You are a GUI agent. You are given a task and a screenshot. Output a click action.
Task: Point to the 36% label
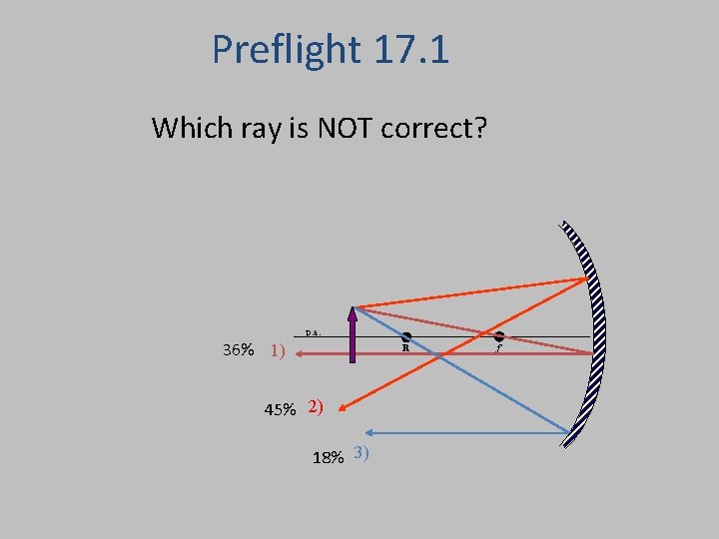coord(238,350)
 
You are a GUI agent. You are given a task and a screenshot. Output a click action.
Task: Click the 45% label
coord(280,409)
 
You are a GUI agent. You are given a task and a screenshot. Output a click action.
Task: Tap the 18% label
coord(329,457)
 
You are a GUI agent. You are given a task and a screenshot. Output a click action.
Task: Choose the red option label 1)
coord(278,350)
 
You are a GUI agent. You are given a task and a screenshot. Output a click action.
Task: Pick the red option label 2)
coord(316,406)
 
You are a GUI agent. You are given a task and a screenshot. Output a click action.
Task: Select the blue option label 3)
coord(361,453)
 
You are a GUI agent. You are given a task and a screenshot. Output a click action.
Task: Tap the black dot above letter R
coord(406,337)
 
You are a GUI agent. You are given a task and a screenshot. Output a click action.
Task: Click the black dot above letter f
coord(498,337)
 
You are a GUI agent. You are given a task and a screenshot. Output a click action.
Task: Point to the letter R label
coord(406,349)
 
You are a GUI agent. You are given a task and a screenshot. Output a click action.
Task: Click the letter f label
coord(498,349)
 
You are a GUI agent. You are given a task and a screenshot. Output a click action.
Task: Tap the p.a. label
coord(313,332)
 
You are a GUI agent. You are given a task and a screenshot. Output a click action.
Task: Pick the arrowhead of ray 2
coord(341,403)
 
